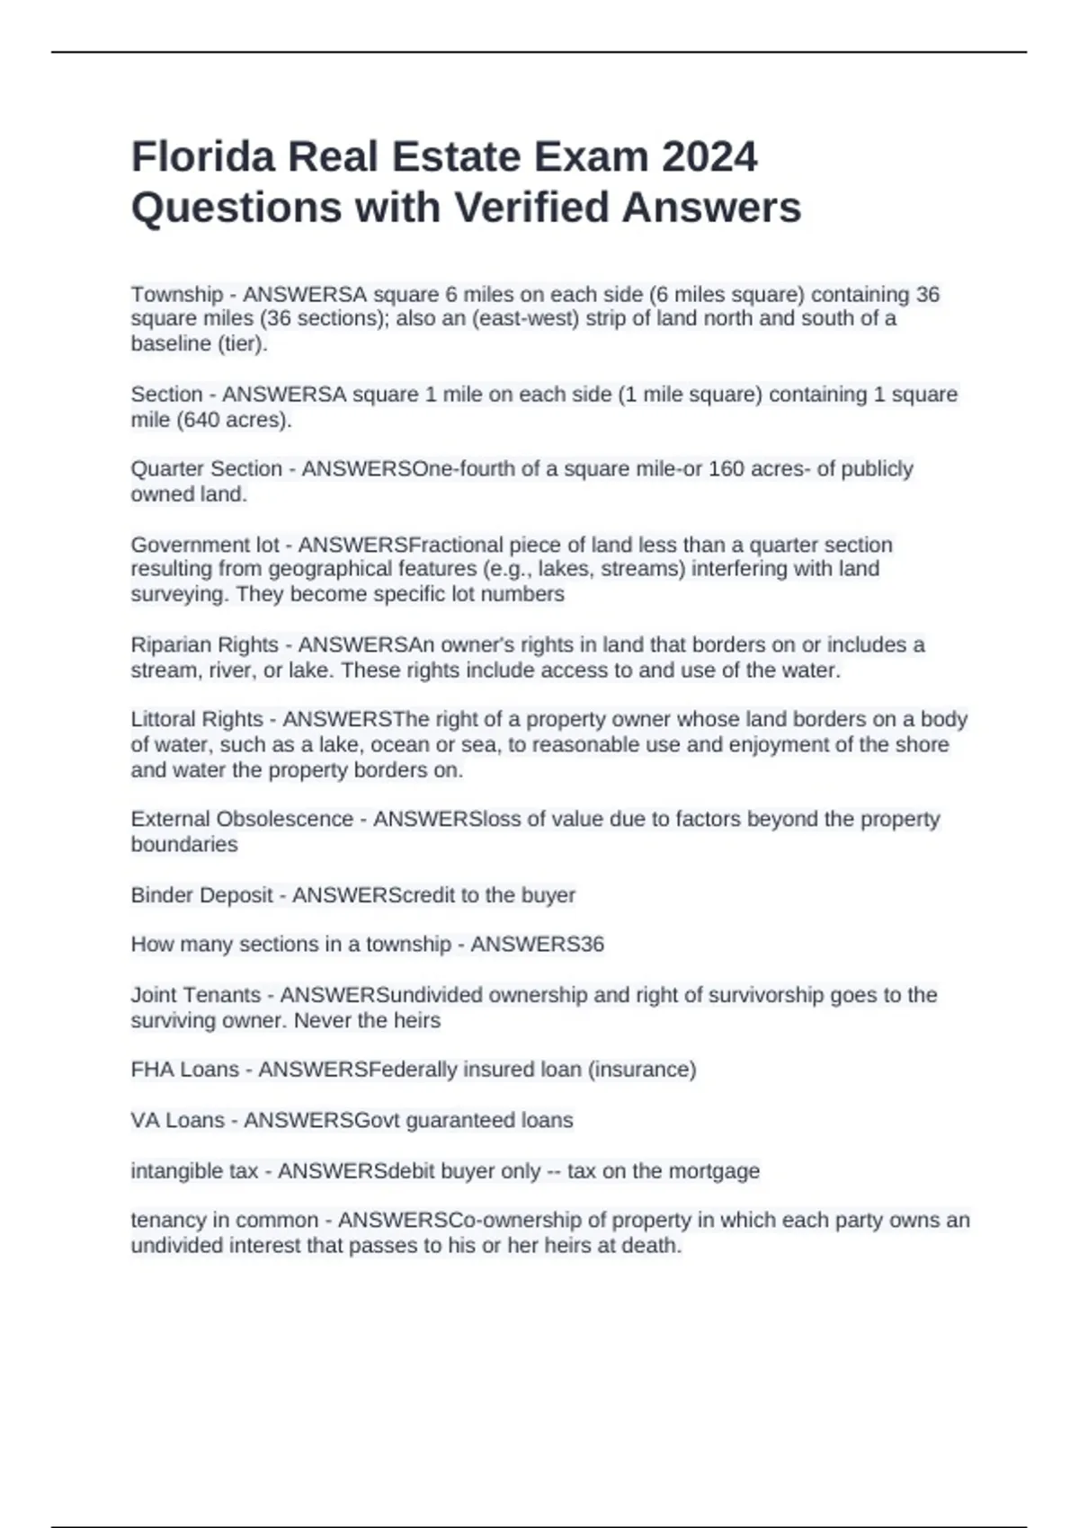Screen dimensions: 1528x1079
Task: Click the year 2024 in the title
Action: (709, 157)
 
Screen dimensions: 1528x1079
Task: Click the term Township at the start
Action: (177, 295)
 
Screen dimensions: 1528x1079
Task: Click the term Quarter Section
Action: (206, 469)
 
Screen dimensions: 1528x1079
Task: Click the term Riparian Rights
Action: (204, 645)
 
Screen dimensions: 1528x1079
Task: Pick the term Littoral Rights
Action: (197, 720)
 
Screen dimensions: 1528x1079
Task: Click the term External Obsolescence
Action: (242, 820)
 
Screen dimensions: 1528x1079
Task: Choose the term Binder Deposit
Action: (201, 895)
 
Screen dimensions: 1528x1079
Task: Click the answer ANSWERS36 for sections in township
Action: (538, 945)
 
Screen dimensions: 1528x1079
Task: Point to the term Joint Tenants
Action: (195, 995)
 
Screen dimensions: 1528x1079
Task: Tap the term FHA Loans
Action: (184, 1070)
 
